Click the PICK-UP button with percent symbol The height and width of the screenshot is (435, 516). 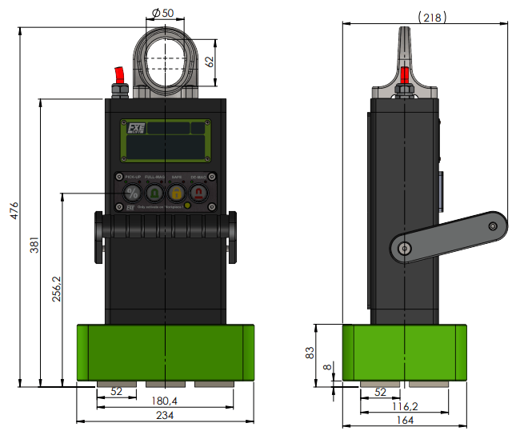coord(133,193)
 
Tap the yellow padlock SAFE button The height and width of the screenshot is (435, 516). coord(176,193)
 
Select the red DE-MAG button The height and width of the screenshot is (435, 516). coord(198,193)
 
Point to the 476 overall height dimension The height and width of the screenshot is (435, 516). coord(14,210)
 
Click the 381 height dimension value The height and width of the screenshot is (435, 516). coord(34,247)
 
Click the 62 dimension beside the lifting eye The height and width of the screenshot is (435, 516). coord(210,61)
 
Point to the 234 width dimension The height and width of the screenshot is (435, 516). coord(165,415)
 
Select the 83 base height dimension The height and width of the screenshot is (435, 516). coord(310,353)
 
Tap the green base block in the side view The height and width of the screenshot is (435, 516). coord(404,352)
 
